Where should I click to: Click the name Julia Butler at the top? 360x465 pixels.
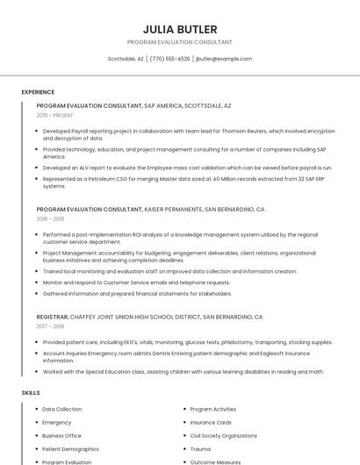click(x=179, y=29)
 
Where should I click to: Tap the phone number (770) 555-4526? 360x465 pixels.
click(x=169, y=59)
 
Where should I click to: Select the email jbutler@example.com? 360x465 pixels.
click(x=224, y=59)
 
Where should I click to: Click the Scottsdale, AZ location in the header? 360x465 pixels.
click(x=125, y=59)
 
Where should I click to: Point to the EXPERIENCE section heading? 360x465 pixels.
click(x=38, y=92)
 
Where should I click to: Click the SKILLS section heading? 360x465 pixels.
click(x=31, y=393)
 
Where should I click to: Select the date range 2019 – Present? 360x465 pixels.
click(x=55, y=115)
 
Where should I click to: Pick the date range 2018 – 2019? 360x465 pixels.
click(x=51, y=219)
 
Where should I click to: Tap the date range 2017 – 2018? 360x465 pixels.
click(x=51, y=325)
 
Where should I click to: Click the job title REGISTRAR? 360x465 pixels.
click(x=52, y=316)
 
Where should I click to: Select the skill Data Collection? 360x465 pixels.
click(x=61, y=409)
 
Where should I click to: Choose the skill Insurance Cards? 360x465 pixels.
click(x=211, y=422)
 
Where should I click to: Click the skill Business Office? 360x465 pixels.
click(x=61, y=435)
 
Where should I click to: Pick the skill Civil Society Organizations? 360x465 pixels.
click(x=223, y=435)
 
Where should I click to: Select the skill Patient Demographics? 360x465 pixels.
click(x=69, y=448)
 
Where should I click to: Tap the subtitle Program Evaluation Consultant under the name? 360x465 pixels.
click(x=179, y=42)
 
